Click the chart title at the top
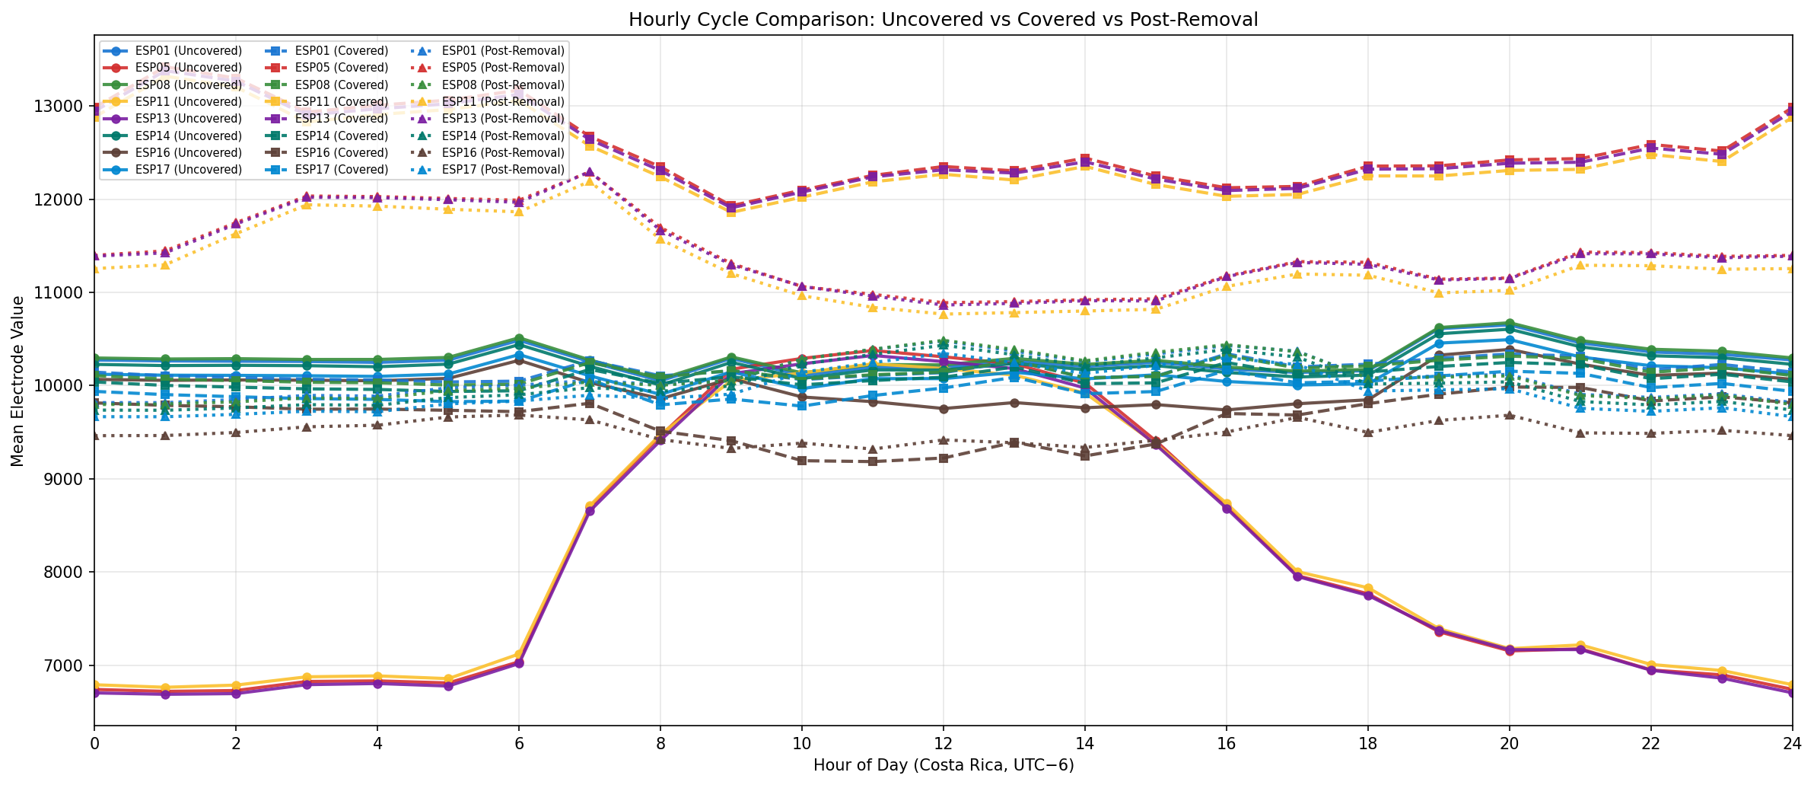[x=943, y=20]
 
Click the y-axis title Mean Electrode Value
[x=18, y=381]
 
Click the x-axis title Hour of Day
[x=943, y=765]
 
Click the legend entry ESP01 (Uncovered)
[x=188, y=51]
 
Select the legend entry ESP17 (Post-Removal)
[x=503, y=170]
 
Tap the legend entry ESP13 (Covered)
[x=341, y=119]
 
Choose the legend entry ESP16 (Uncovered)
[x=188, y=153]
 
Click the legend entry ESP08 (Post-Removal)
[x=503, y=85]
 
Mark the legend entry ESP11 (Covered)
[x=341, y=102]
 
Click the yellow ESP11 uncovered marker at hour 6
[x=519, y=654]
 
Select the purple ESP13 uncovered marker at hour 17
[x=1297, y=576]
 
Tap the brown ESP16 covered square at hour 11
[x=872, y=461]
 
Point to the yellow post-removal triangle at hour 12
[x=943, y=314]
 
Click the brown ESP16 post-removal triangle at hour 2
[x=236, y=432]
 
